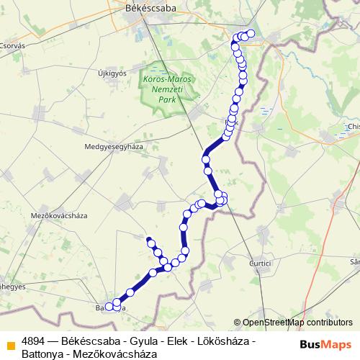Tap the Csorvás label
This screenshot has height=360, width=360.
tap(12, 45)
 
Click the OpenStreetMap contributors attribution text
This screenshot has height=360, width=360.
tap(297, 323)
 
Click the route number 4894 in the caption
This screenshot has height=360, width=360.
tap(34, 341)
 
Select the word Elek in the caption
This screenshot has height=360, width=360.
tap(176, 341)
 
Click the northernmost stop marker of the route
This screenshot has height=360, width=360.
tap(251, 34)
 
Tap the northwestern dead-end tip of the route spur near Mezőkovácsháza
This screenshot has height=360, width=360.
tap(148, 238)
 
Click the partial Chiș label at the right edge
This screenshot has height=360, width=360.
tap(353, 127)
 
